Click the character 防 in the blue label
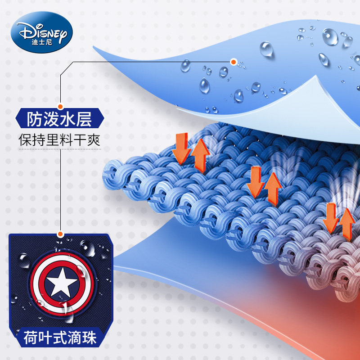36,120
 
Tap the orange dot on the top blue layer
233,62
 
